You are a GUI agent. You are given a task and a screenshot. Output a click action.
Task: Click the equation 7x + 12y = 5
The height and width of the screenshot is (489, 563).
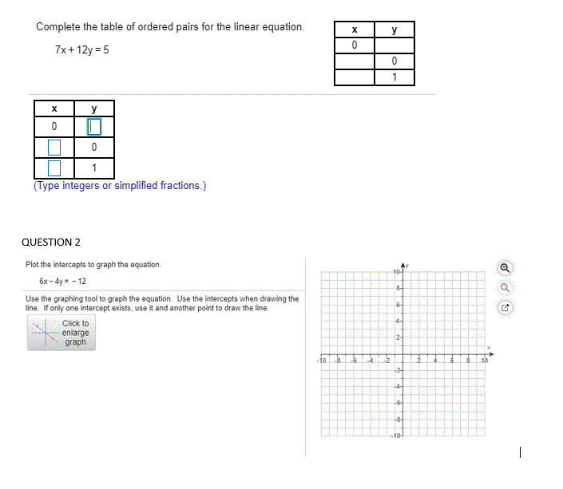[x=82, y=50]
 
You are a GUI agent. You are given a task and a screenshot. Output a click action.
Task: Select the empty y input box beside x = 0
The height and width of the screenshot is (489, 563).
[x=94, y=127]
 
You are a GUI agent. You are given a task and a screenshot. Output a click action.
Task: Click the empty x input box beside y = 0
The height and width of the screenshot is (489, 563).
[x=54, y=148]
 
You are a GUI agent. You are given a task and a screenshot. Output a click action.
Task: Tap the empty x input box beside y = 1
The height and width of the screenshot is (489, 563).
[x=54, y=168]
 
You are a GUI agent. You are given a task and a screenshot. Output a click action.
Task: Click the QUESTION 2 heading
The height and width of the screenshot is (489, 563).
[x=51, y=242]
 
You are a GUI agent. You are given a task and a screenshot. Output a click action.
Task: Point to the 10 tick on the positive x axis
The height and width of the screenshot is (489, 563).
[x=484, y=361]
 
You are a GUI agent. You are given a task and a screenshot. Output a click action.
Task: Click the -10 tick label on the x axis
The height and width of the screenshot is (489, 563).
[x=321, y=361]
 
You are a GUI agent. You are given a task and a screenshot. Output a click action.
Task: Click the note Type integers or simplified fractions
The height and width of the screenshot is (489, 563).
[x=120, y=186]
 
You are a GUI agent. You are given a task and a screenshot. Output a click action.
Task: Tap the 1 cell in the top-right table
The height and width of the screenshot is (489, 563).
[x=394, y=77]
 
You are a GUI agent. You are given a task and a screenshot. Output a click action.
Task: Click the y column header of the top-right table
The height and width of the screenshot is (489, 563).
[x=394, y=30]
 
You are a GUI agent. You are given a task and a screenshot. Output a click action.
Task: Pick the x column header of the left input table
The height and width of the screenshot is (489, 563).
[x=54, y=108]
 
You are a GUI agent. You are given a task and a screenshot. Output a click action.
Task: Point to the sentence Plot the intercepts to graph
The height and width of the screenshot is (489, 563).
[x=93, y=264]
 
